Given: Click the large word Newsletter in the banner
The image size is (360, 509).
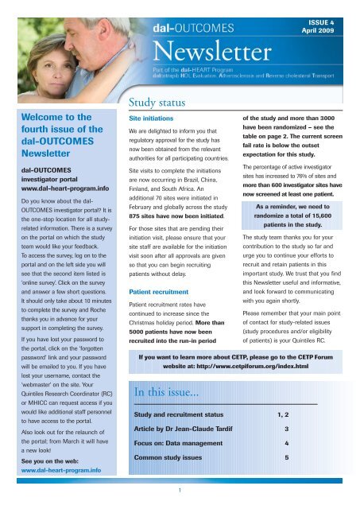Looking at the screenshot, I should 213,56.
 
